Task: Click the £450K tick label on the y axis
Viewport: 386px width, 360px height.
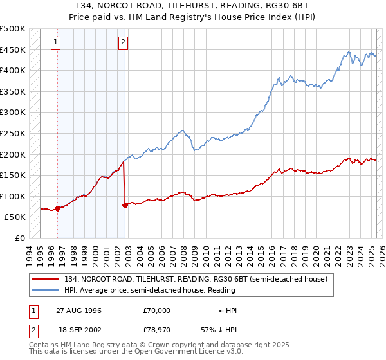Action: point(13,50)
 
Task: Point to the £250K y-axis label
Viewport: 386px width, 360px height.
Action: point(13,134)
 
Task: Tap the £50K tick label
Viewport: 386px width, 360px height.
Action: point(15,217)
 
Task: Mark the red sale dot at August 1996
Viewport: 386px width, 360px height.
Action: point(58,208)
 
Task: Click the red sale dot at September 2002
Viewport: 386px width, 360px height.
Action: point(125,205)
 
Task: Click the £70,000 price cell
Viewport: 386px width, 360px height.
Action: point(156,310)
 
